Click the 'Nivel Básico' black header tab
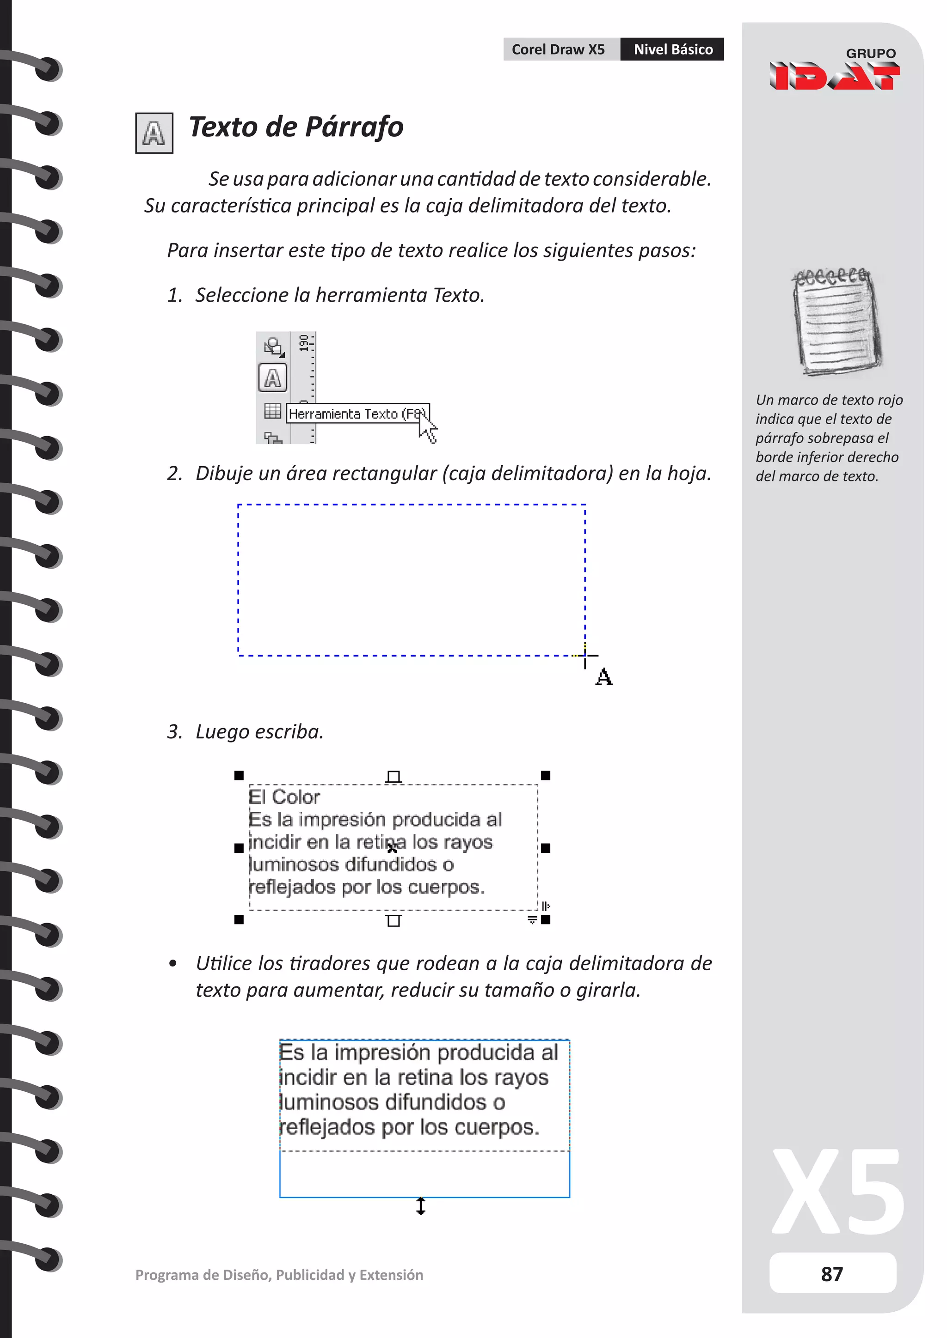(672, 49)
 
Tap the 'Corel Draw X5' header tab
(559, 49)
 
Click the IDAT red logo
(834, 76)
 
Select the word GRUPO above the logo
(870, 53)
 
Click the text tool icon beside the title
(154, 134)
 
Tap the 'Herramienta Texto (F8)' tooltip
(357, 414)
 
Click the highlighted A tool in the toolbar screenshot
(272, 378)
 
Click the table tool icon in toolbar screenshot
(272, 411)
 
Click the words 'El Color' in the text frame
(284, 797)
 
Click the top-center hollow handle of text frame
(394, 776)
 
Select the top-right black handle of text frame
(545, 775)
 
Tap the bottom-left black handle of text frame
(239, 919)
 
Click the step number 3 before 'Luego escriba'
(173, 732)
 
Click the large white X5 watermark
(837, 1192)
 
